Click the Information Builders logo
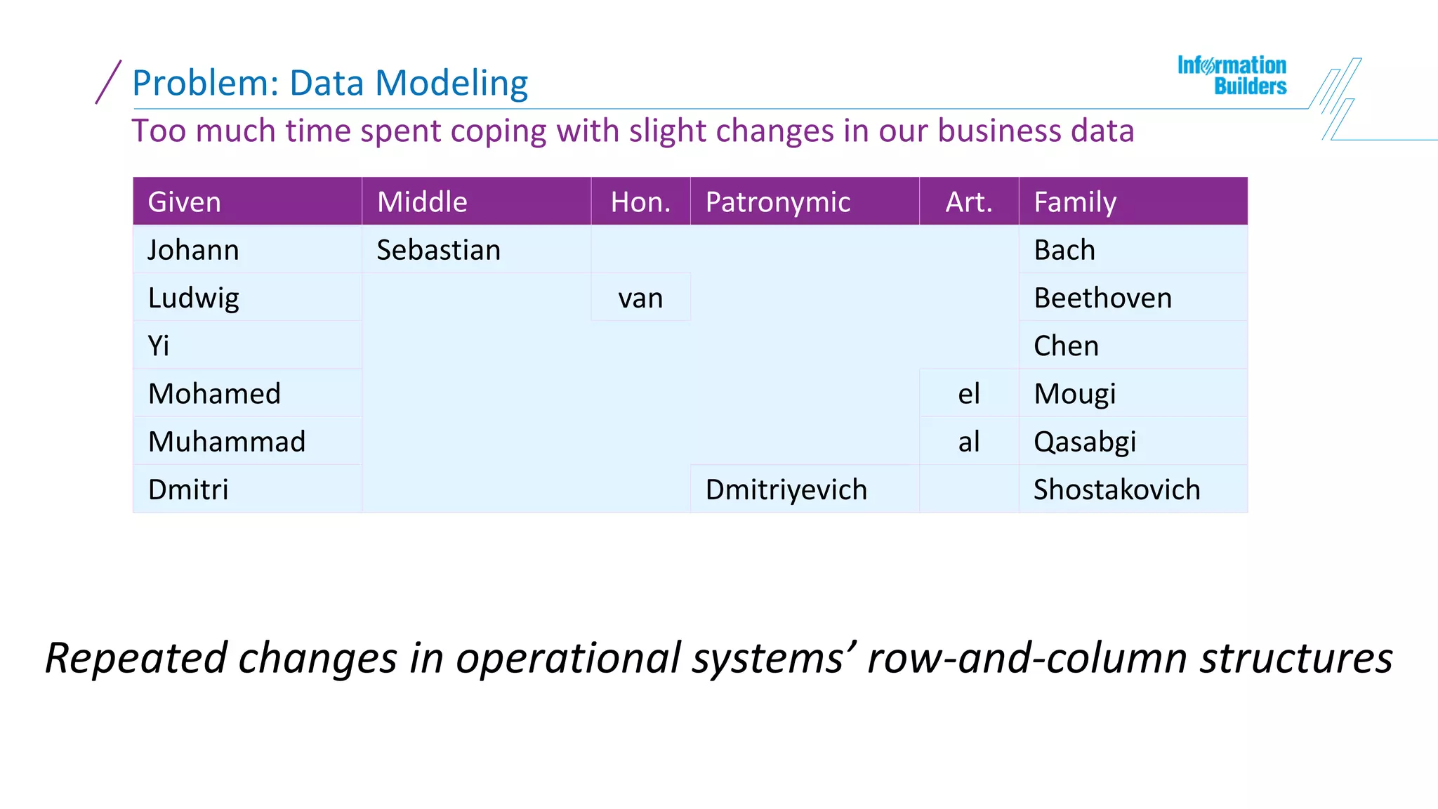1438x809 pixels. coord(1232,76)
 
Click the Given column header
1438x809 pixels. coord(185,202)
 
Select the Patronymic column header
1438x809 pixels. coord(778,202)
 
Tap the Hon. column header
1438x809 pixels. coord(640,202)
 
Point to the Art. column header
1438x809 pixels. coord(969,202)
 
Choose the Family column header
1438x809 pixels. coord(1075,202)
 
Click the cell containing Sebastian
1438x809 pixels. coord(439,250)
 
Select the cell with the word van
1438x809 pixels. coord(640,298)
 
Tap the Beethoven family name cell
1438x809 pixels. coord(1103,298)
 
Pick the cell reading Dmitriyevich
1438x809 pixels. coord(786,489)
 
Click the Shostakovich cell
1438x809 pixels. coord(1117,489)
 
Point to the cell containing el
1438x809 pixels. coord(969,394)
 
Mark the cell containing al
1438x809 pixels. coord(969,442)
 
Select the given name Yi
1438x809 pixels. coord(159,346)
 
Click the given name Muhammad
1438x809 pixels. coord(227,442)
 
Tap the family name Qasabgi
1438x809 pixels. coord(1085,442)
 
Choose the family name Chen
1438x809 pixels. coord(1066,346)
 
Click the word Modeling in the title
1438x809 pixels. coord(451,84)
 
